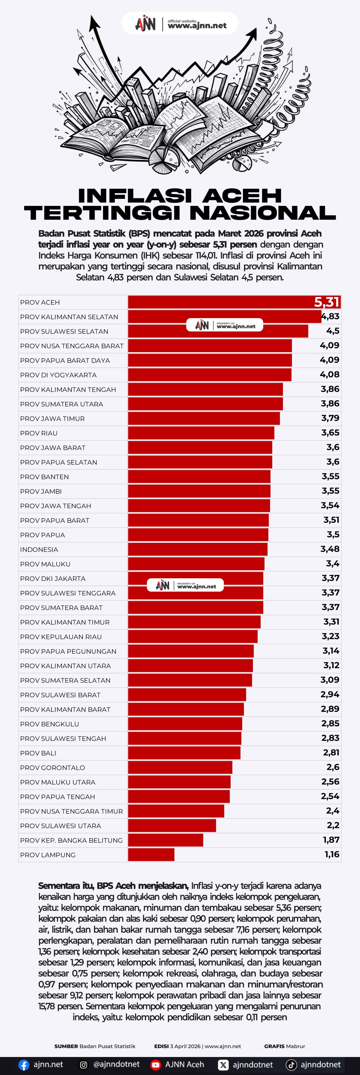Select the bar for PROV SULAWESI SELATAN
pyautogui.click(x=218, y=331)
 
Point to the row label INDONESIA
pyautogui.click(x=39, y=549)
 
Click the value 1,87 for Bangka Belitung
pyautogui.click(x=331, y=840)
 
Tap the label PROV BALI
pyautogui.click(x=38, y=753)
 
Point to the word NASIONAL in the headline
pyautogui.click(x=263, y=213)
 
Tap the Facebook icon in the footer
pyautogui.click(x=24, y=1065)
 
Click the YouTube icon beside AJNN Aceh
pyautogui.click(x=156, y=1065)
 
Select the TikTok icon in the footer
pyautogui.click(x=291, y=1065)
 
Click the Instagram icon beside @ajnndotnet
pyautogui.click(x=84, y=1065)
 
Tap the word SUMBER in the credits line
pyautogui.click(x=66, y=1046)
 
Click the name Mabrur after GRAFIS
pyautogui.click(x=296, y=1046)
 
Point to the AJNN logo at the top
pyautogui.click(x=145, y=24)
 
